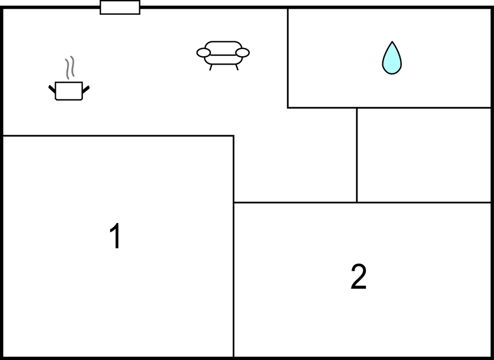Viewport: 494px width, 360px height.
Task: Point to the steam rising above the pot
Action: pyautogui.click(x=70, y=67)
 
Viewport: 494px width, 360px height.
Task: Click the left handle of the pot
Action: pyautogui.click(x=52, y=89)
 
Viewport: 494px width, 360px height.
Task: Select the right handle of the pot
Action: pyautogui.click(x=86, y=89)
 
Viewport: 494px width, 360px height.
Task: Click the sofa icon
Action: pyautogui.click(x=223, y=55)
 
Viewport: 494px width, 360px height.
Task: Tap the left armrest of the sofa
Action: pyautogui.click(x=203, y=53)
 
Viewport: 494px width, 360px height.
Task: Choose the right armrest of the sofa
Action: pyautogui.click(x=242, y=52)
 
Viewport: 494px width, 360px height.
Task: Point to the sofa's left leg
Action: pyautogui.click(x=211, y=67)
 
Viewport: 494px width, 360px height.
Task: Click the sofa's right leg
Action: pyautogui.click(x=237, y=67)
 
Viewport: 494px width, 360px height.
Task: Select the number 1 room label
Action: pyautogui.click(x=115, y=235)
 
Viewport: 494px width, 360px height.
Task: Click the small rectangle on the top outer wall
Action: pyautogui.click(x=120, y=7)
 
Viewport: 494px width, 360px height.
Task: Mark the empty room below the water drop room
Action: pyautogui.click(x=424, y=155)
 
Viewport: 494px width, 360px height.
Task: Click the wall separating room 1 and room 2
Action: pyautogui.click(x=233, y=280)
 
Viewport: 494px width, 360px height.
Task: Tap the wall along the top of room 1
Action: pyautogui.click(x=118, y=136)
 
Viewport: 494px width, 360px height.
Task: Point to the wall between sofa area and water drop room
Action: pyautogui.click(x=288, y=58)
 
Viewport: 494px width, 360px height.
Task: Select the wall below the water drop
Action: pyautogui.click(x=389, y=108)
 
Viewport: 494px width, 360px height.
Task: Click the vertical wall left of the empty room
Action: pyautogui.click(x=356, y=155)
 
